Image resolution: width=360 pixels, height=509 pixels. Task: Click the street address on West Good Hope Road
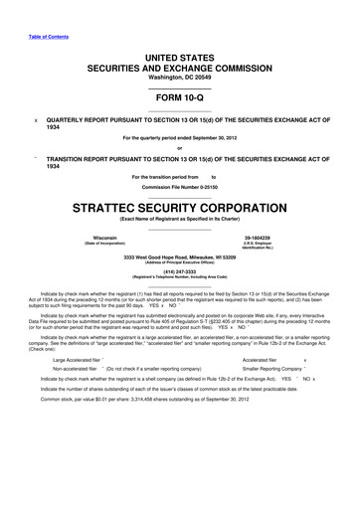180,257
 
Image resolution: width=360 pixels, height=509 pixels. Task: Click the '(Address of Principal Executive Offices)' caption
180,263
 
